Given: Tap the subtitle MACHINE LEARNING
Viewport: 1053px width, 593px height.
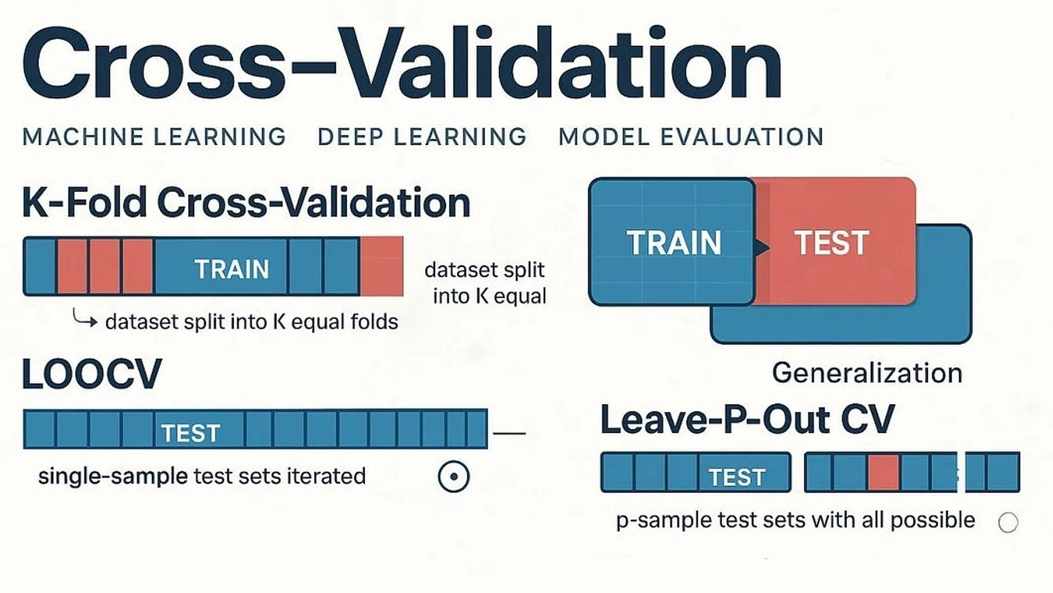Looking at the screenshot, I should pyautogui.click(x=154, y=137).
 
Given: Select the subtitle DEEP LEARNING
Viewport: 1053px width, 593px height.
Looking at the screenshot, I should pyautogui.click(x=422, y=137).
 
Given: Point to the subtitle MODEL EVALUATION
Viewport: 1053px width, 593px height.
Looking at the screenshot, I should pyautogui.click(x=691, y=137).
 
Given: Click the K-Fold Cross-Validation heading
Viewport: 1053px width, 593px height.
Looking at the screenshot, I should pyautogui.click(x=246, y=203).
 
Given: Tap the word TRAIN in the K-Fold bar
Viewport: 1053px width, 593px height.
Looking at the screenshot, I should pyautogui.click(x=231, y=269).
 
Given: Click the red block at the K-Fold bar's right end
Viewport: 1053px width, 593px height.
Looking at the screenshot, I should pyautogui.click(x=382, y=266).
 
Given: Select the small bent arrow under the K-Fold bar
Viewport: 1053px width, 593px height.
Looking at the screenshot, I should pyautogui.click(x=84, y=318).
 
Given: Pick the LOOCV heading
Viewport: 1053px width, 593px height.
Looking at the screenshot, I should pyautogui.click(x=92, y=374).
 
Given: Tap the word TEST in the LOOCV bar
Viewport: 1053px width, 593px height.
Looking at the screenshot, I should pyautogui.click(x=191, y=433).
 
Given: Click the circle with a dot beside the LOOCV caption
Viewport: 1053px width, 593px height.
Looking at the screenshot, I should pyautogui.click(x=454, y=476).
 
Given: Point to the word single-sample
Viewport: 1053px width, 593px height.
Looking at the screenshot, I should pyautogui.click(x=113, y=476).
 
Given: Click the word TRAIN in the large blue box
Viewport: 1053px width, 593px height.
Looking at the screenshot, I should pyautogui.click(x=673, y=243).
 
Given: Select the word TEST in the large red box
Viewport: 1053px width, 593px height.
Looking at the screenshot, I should pyautogui.click(x=831, y=243).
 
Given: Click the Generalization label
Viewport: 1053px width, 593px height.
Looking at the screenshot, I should pyautogui.click(x=867, y=373).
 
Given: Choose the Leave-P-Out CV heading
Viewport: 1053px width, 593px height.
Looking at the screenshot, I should pyautogui.click(x=747, y=419).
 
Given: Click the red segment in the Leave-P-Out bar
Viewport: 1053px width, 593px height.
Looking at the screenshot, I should pyautogui.click(x=884, y=472).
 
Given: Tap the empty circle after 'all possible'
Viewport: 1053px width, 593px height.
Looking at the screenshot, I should pyautogui.click(x=1008, y=522).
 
